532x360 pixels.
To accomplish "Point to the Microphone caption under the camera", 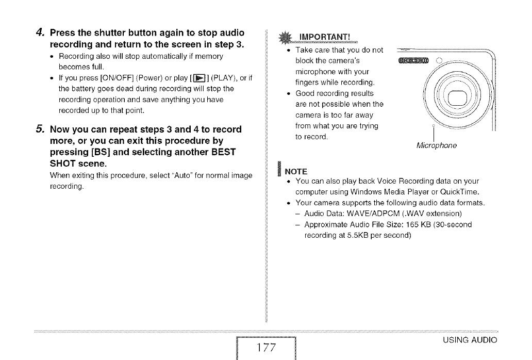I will click(436, 146).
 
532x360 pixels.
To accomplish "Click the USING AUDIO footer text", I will click(470, 340).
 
